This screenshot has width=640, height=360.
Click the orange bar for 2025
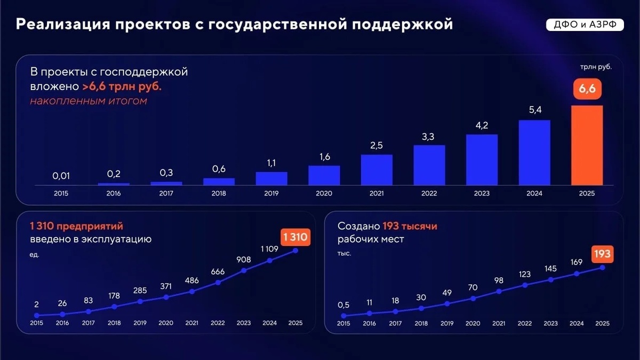(587, 146)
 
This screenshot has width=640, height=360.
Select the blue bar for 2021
(377, 170)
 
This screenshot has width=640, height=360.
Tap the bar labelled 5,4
(534, 153)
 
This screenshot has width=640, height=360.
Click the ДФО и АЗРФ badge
(585, 25)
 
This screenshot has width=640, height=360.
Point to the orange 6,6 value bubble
(587, 89)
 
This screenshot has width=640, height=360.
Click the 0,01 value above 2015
(61, 175)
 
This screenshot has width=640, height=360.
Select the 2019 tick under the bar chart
(271, 194)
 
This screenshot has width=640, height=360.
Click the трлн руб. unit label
(596, 67)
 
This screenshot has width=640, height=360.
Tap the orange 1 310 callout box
(295, 237)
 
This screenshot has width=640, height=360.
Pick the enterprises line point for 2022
(218, 283)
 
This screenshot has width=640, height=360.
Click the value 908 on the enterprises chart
(243, 260)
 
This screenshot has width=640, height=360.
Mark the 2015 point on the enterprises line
(37, 315)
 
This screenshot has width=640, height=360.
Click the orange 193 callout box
(602, 254)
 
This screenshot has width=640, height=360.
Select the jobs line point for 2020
(473, 299)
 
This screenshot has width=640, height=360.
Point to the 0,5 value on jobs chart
(343, 305)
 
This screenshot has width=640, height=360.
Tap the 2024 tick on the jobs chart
(577, 323)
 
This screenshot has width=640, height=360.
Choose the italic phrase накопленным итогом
(89, 101)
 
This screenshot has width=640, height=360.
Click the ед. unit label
(34, 254)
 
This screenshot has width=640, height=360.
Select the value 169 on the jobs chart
(577, 262)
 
